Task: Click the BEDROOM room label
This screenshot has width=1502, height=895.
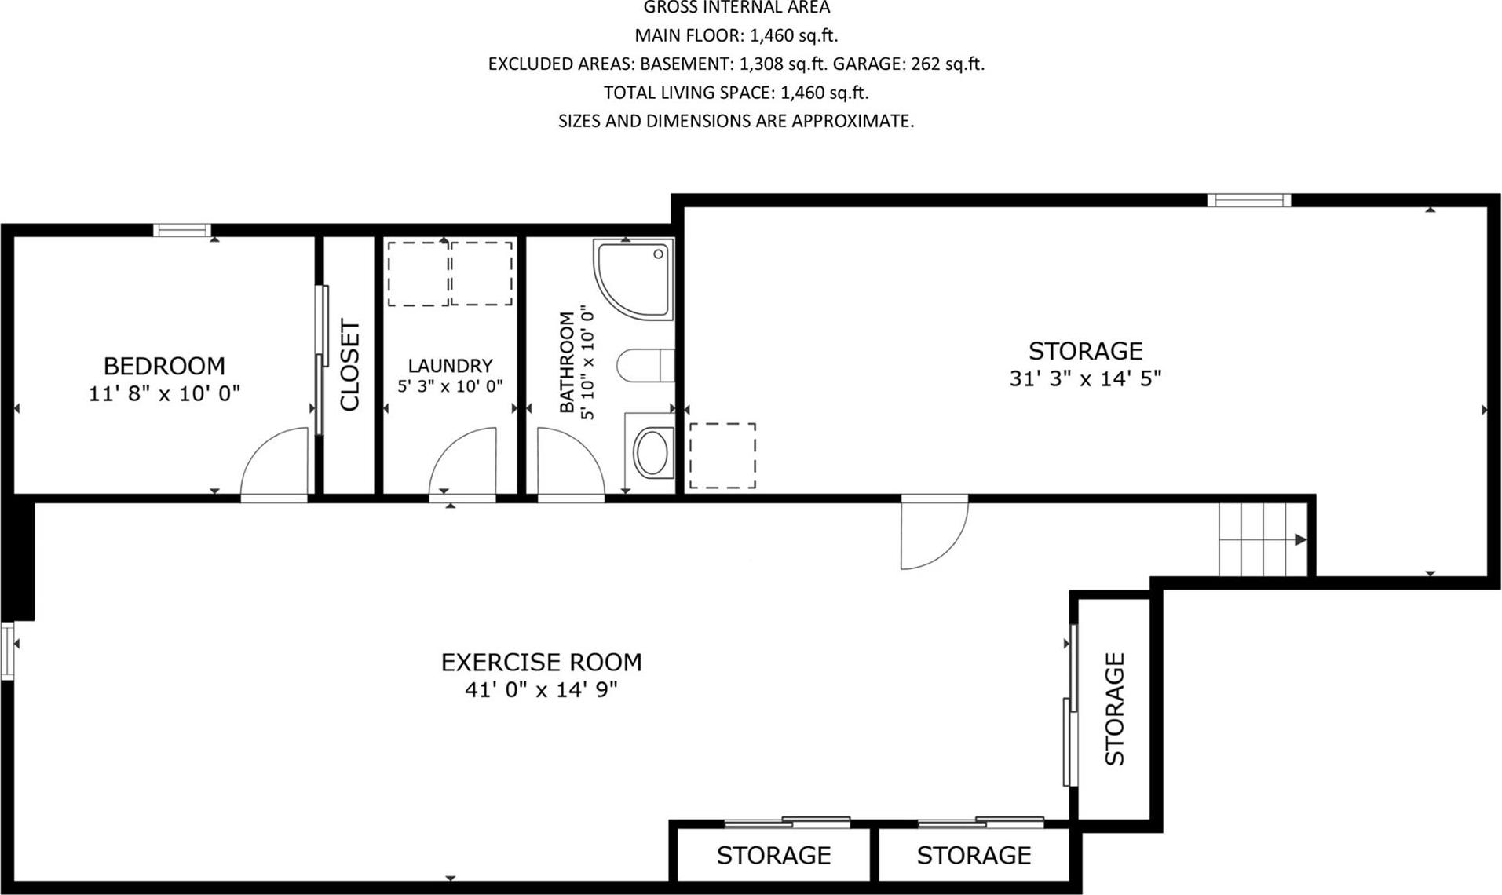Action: pos(164,366)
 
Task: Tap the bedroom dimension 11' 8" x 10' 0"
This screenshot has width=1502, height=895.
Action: pos(164,393)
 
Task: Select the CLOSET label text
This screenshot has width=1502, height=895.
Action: pos(349,364)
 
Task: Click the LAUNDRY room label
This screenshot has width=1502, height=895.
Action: pos(450,365)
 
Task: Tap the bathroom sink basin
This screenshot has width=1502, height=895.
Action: pos(651,453)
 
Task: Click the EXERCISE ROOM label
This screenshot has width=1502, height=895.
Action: pos(541,663)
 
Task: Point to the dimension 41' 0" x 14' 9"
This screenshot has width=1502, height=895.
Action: pos(541,690)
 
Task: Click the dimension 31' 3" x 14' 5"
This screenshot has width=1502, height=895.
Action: pos(1085,378)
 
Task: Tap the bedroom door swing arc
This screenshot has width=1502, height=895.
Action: pos(274,463)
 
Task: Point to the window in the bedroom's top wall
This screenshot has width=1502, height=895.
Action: pos(182,230)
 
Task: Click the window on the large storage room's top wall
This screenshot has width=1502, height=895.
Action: pos(1248,200)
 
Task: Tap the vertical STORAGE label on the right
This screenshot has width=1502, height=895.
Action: pos(1115,709)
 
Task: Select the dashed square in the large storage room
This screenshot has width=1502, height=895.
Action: pos(722,456)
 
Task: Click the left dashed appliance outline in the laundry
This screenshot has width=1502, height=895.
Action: pos(418,273)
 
